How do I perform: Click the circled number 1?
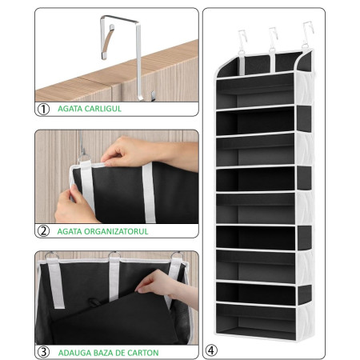pos(45,108)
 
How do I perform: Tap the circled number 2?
pos(45,231)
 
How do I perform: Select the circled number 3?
pos(45,351)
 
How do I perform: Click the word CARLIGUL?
pos(103,108)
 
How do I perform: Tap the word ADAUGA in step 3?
pos(74,351)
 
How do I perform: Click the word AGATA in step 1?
pos(70,108)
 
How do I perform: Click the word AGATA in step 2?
pos(70,231)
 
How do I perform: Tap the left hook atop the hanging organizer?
pos(238,37)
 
